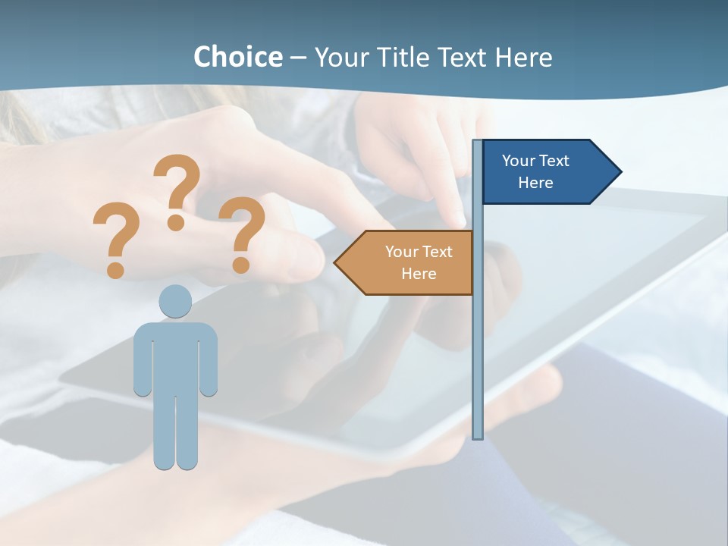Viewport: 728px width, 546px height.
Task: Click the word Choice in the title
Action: pos(237,57)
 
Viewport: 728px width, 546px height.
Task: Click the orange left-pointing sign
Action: pos(409,262)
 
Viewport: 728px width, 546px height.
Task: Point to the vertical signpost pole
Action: pos(477,341)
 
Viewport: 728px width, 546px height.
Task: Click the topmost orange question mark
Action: pos(178,182)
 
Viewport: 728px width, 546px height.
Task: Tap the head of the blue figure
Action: pos(175,301)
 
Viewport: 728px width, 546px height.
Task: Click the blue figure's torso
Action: pos(175,356)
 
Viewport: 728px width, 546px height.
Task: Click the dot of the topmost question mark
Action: pos(176,222)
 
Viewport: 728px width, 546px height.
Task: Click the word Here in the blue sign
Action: pos(535,183)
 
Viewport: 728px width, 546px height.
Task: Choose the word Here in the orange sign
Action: pos(419,274)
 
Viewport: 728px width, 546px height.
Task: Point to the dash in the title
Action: pos(298,58)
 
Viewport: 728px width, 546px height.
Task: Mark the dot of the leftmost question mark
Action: pos(115,269)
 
